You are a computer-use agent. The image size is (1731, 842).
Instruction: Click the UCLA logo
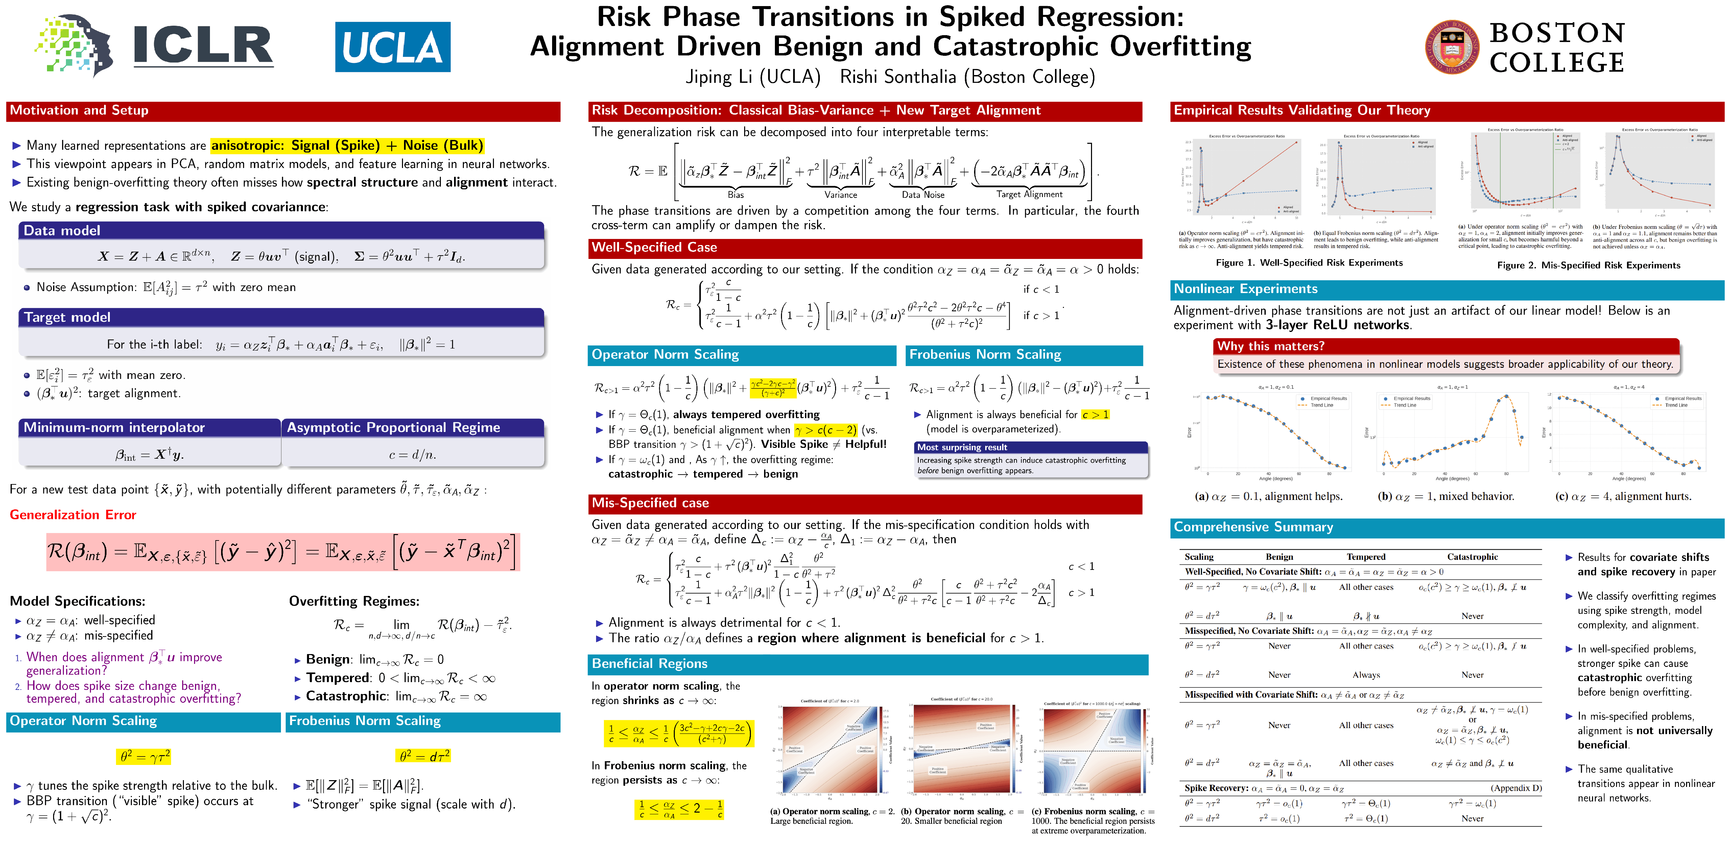[x=393, y=47]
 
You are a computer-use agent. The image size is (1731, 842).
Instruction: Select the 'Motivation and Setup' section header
[x=79, y=110]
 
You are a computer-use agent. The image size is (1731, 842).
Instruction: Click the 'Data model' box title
[x=62, y=231]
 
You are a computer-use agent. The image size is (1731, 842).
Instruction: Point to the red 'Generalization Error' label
[x=73, y=515]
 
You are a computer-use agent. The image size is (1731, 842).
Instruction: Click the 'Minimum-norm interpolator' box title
[x=114, y=427]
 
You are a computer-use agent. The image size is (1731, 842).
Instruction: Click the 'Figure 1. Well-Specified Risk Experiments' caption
[x=1309, y=263]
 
